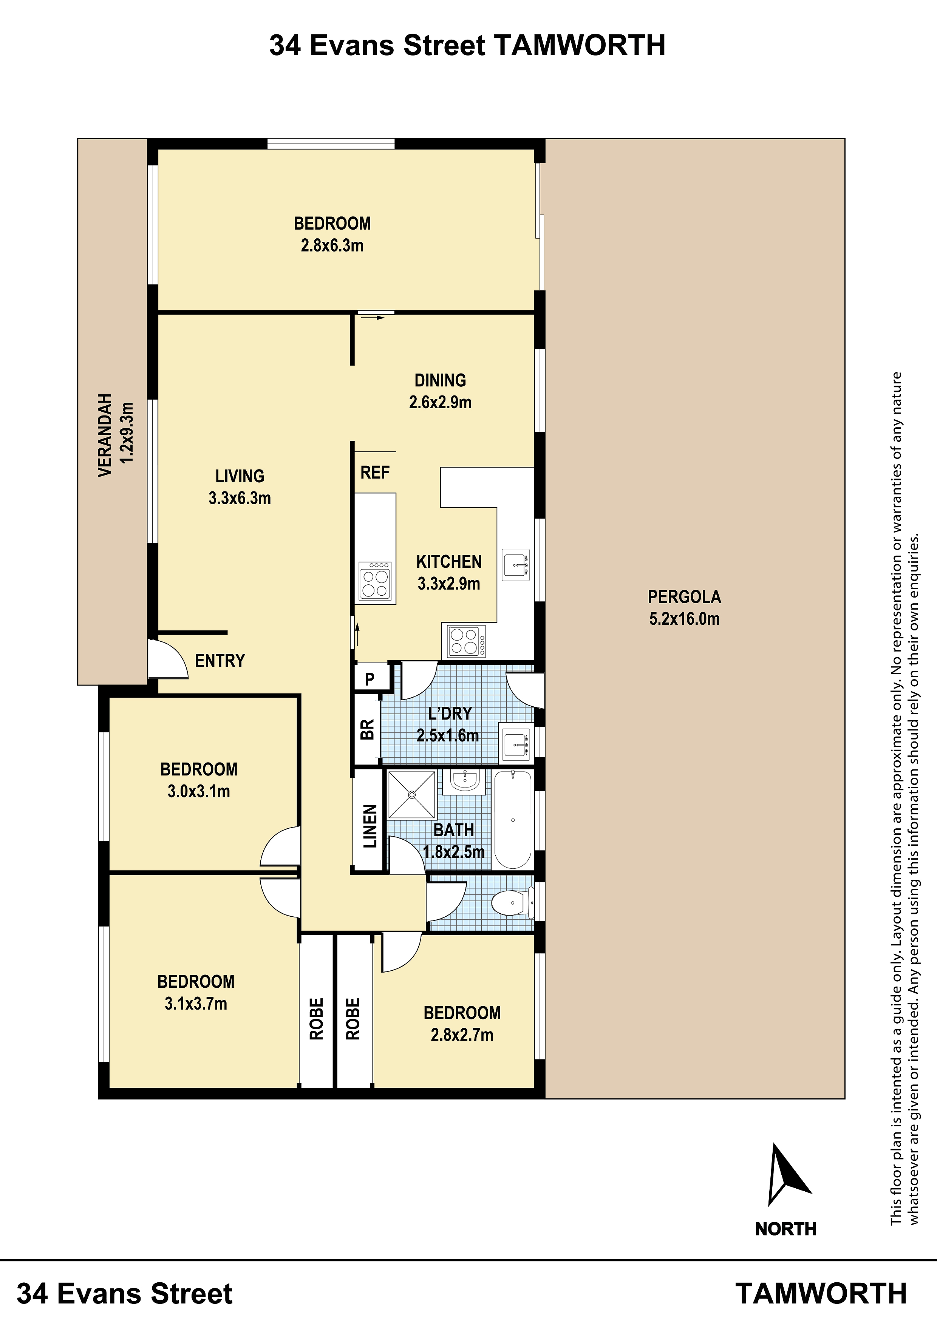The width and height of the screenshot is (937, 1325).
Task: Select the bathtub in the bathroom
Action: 513,820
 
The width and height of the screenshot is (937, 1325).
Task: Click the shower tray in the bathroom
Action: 411,795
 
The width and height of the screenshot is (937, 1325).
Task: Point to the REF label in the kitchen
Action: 375,473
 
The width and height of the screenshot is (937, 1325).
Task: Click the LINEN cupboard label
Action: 370,826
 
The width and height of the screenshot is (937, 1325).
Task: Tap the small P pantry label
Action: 370,679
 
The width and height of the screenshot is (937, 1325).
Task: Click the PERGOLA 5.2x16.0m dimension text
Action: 685,619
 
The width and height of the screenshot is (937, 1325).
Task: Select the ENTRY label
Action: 220,661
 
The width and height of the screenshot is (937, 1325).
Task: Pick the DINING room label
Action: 440,380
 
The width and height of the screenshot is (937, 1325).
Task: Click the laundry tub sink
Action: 516,745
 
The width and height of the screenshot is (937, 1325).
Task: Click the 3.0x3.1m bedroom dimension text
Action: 199,791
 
